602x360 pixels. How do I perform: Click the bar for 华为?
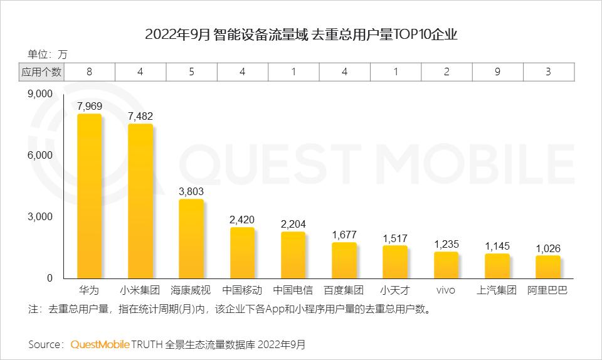(89, 196)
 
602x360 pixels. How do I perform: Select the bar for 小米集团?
(140, 201)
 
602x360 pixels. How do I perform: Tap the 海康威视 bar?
(191, 238)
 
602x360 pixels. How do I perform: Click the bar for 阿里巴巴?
(547, 267)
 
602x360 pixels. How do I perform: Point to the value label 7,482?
(140, 116)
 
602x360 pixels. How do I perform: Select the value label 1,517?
(395, 238)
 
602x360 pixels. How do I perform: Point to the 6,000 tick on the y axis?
(41, 155)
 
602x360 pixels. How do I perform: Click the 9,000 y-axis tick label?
(41, 94)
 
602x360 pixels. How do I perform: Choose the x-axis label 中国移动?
(242, 290)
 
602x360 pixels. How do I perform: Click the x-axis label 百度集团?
(344, 290)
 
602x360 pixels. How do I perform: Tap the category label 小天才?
(395, 290)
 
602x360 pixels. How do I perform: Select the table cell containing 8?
(90, 71)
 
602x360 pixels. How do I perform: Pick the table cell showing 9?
(497, 71)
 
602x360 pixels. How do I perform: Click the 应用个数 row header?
(41, 71)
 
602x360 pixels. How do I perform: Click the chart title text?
(301, 34)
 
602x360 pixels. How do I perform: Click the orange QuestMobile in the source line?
(100, 344)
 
